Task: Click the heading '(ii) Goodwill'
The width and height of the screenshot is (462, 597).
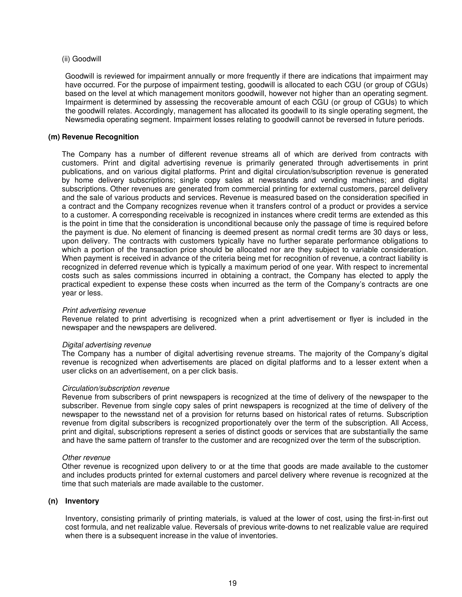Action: click(x=82, y=59)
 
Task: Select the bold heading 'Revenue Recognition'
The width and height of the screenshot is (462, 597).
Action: click(x=100, y=137)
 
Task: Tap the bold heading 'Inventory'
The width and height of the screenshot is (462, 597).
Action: click(x=82, y=501)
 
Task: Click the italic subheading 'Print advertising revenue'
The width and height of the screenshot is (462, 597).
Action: click(x=104, y=310)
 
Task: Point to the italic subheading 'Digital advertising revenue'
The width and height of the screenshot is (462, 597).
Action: click(x=107, y=345)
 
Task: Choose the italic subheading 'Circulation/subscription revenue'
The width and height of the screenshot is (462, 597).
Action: click(x=116, y=388)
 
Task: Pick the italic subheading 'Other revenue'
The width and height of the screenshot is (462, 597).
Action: click(x=86, y=458)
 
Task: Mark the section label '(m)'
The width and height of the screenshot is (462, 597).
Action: click(x=54, y=137)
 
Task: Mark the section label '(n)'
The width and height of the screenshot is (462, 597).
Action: click(x=53, y=501)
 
